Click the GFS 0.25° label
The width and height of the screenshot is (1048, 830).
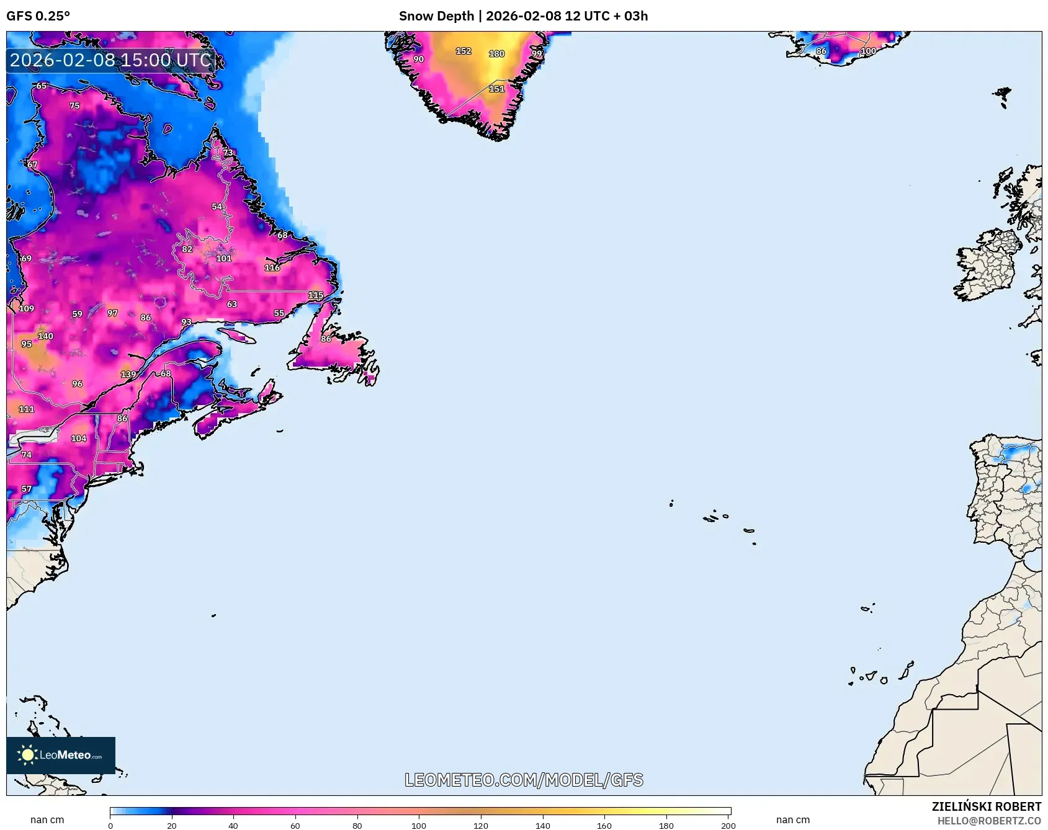pyautogui.click(x=38, y=16)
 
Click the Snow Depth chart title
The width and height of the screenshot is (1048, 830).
pyautogui.click(x=523, y=16)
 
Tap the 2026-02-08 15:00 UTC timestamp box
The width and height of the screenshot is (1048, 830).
pyautogui.click(x=110, y=60)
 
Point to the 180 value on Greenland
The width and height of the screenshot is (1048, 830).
pyautogui.click(x=496, y=54)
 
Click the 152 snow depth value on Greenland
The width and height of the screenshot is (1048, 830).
pyautogui.click(x=464, y=51)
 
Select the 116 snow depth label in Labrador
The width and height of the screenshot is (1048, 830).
pyautogui.click(x=272, y=268)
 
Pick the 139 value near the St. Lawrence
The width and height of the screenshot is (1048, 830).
pyautogui.click(x=128, y=374)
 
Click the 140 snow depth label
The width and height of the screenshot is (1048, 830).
pyautogui.click(x=45, y=336)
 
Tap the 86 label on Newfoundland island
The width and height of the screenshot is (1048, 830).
pyautogui.click(x=326, y=339)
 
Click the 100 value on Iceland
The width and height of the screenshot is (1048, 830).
pyautogui.click(x=868, y=51)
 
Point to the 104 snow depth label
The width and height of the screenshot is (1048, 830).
pyautogui.click(x=78, y=439)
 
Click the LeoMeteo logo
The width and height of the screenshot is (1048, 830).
pyautogui.click(x=61, y=755)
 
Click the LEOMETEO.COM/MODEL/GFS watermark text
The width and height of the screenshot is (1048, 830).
pyautogui.click(x=524, y=780)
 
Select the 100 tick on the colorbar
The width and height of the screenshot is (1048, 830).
pyautogui.click(x=419, y=825)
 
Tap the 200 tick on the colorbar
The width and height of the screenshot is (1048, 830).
pyautogui.click(x=728, y=825)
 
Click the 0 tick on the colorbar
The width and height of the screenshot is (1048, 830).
pyautogui.click(x=110, y=825)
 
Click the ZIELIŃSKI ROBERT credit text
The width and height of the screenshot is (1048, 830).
pyautogui.click(x=986, y=806)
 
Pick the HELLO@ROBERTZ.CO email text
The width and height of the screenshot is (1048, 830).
pyautogui.click(x=988, y=821)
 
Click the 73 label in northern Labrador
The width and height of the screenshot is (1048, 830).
pyautogui.click(x=228, y=153)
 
